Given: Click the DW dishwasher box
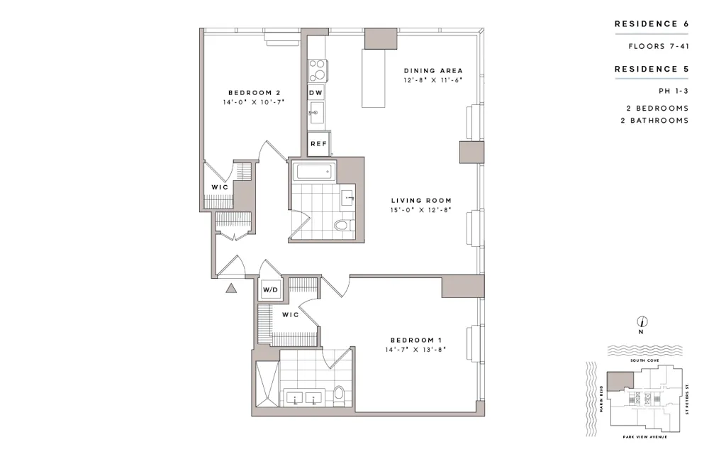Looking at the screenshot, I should click(316, 93).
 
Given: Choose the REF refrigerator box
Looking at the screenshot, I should click(318, 144).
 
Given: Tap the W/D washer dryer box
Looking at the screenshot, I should click(270, 290).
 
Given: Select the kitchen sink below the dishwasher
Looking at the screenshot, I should click(316, 111).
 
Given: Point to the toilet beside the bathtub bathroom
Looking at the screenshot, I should click(342, 226).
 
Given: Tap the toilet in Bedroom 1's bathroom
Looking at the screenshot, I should click(339, 394).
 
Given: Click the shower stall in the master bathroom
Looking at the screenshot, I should click(268, 384).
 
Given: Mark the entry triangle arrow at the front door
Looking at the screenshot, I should click(230, 288).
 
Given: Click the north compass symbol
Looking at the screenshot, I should click(640, 321).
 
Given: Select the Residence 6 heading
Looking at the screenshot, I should click(651, 24).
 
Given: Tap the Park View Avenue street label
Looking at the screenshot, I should click(641, 436).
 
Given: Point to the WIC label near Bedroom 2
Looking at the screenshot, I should click(219, 187).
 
